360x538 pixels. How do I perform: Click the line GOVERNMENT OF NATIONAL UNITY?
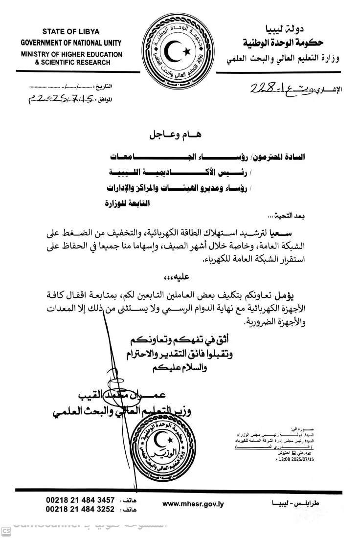(x=72, y=43)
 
